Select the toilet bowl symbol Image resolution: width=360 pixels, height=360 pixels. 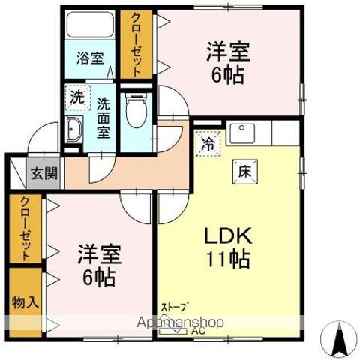coord(135,112)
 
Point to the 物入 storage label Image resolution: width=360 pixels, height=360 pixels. coord(24,302)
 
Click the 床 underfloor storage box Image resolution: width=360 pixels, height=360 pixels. coord(244,169)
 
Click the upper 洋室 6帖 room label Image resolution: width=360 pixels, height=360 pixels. coord(227,64)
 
